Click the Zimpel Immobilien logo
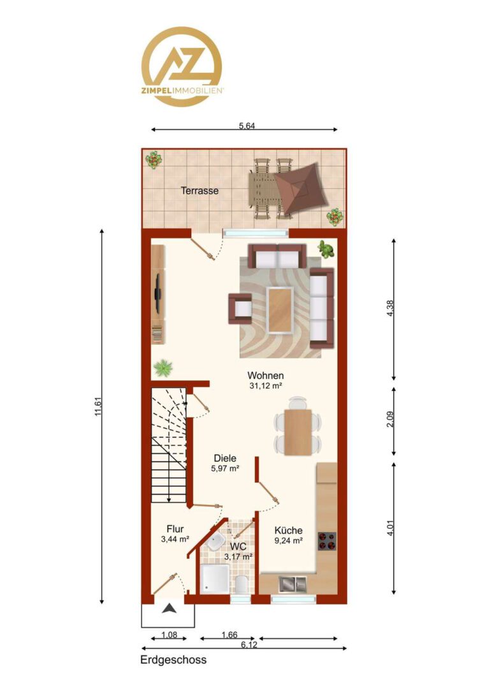182,67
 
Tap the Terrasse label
200,191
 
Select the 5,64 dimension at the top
247,126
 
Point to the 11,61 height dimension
98,406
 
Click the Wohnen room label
266,376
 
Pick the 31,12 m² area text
266,386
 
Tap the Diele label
225,458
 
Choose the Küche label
289,530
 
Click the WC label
238,547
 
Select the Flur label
175,529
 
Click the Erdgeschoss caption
173,660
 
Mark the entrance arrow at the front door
170,609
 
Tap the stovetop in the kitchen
327,541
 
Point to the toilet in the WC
242,584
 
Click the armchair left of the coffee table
240,309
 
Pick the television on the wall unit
157,293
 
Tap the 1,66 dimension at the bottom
229,635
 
